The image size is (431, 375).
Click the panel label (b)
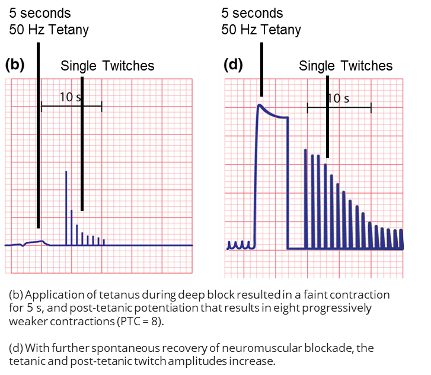(14, 65)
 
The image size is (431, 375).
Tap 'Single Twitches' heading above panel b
(107, 66)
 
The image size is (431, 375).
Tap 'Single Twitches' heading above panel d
(346, 66)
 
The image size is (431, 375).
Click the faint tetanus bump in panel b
(36, 242)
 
